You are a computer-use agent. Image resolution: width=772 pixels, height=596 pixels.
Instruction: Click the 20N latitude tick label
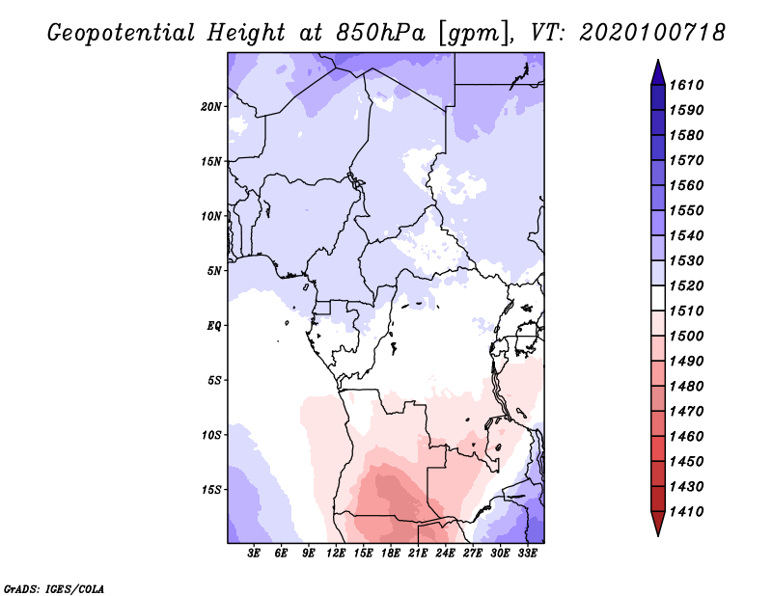pyautogui.click(x=211, y=106)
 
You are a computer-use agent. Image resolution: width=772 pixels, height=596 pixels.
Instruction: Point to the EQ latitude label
pyautogui.click(x=214, y=325)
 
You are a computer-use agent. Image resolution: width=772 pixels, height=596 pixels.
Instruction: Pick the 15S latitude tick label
pyautogui.click(x=211, y=489)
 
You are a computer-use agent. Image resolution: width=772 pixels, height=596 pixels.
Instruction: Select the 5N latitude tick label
pyautogui.click(x=214, y=271)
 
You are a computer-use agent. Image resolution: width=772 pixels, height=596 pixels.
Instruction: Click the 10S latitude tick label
pyautogui.click(x=211, y=435)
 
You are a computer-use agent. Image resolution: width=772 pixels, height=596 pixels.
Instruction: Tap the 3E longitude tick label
pyautogui.click(x=255, y=553)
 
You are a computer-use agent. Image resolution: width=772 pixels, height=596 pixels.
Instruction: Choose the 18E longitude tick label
pyautogui.click(x=391, y=553)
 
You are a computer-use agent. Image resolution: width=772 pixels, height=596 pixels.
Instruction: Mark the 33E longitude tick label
pyautogui.click(x=527, y=553)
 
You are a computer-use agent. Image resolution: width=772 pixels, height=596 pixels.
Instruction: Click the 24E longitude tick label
pyautogui.click(x=445, y=553)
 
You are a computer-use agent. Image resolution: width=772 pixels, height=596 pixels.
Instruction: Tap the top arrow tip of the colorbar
pyautogui.click(x=657, y=62)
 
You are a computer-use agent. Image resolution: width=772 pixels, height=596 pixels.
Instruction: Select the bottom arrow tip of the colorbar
pyautogui.click(x=657, y=533)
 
